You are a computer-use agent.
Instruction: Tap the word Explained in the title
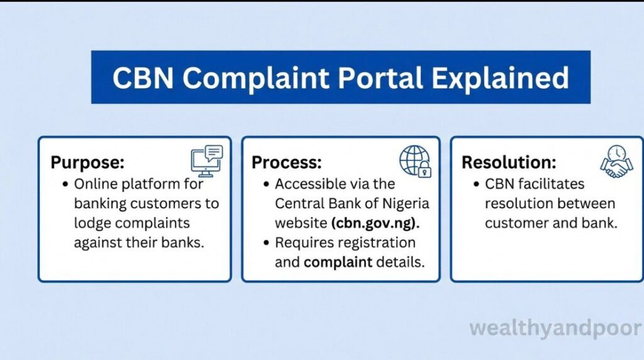click(501, 77)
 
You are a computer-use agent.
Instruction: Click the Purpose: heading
click(87, 162)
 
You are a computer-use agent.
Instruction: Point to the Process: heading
click(287, 162)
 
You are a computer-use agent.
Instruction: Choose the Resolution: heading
click(509, 162)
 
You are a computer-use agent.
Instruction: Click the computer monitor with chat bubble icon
click(207, 160)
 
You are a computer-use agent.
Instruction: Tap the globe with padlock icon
click(415, 160)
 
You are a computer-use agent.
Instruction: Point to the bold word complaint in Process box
click(338, 262)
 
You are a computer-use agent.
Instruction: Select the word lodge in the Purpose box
click(92, 223)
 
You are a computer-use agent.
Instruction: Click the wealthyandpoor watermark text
click(555, 329)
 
